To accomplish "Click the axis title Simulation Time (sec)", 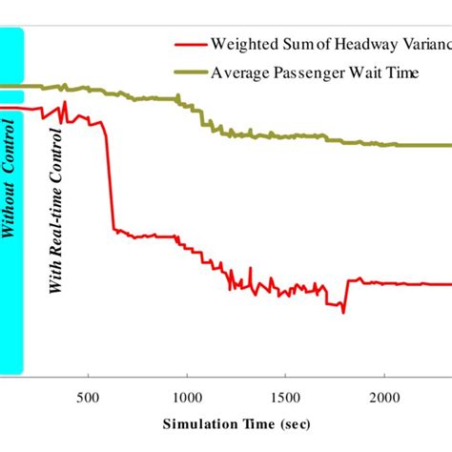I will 235,423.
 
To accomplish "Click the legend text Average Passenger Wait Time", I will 314,72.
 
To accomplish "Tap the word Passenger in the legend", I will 318,72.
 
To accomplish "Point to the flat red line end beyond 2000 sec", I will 420,284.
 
